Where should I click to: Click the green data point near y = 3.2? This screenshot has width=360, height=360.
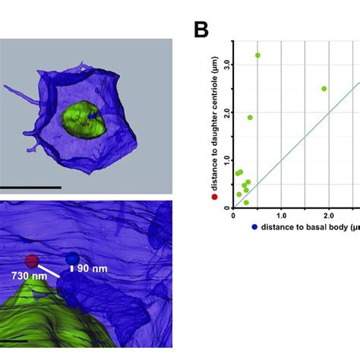pos(257,55)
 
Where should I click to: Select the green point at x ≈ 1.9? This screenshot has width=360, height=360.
pos(324,89)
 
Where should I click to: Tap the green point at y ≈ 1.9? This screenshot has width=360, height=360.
pos(250,118)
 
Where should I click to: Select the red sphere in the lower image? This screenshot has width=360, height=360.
pos(32,261)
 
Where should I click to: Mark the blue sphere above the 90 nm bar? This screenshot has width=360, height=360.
pos(72,259)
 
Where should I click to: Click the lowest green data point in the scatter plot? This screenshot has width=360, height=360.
pos(246,203)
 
